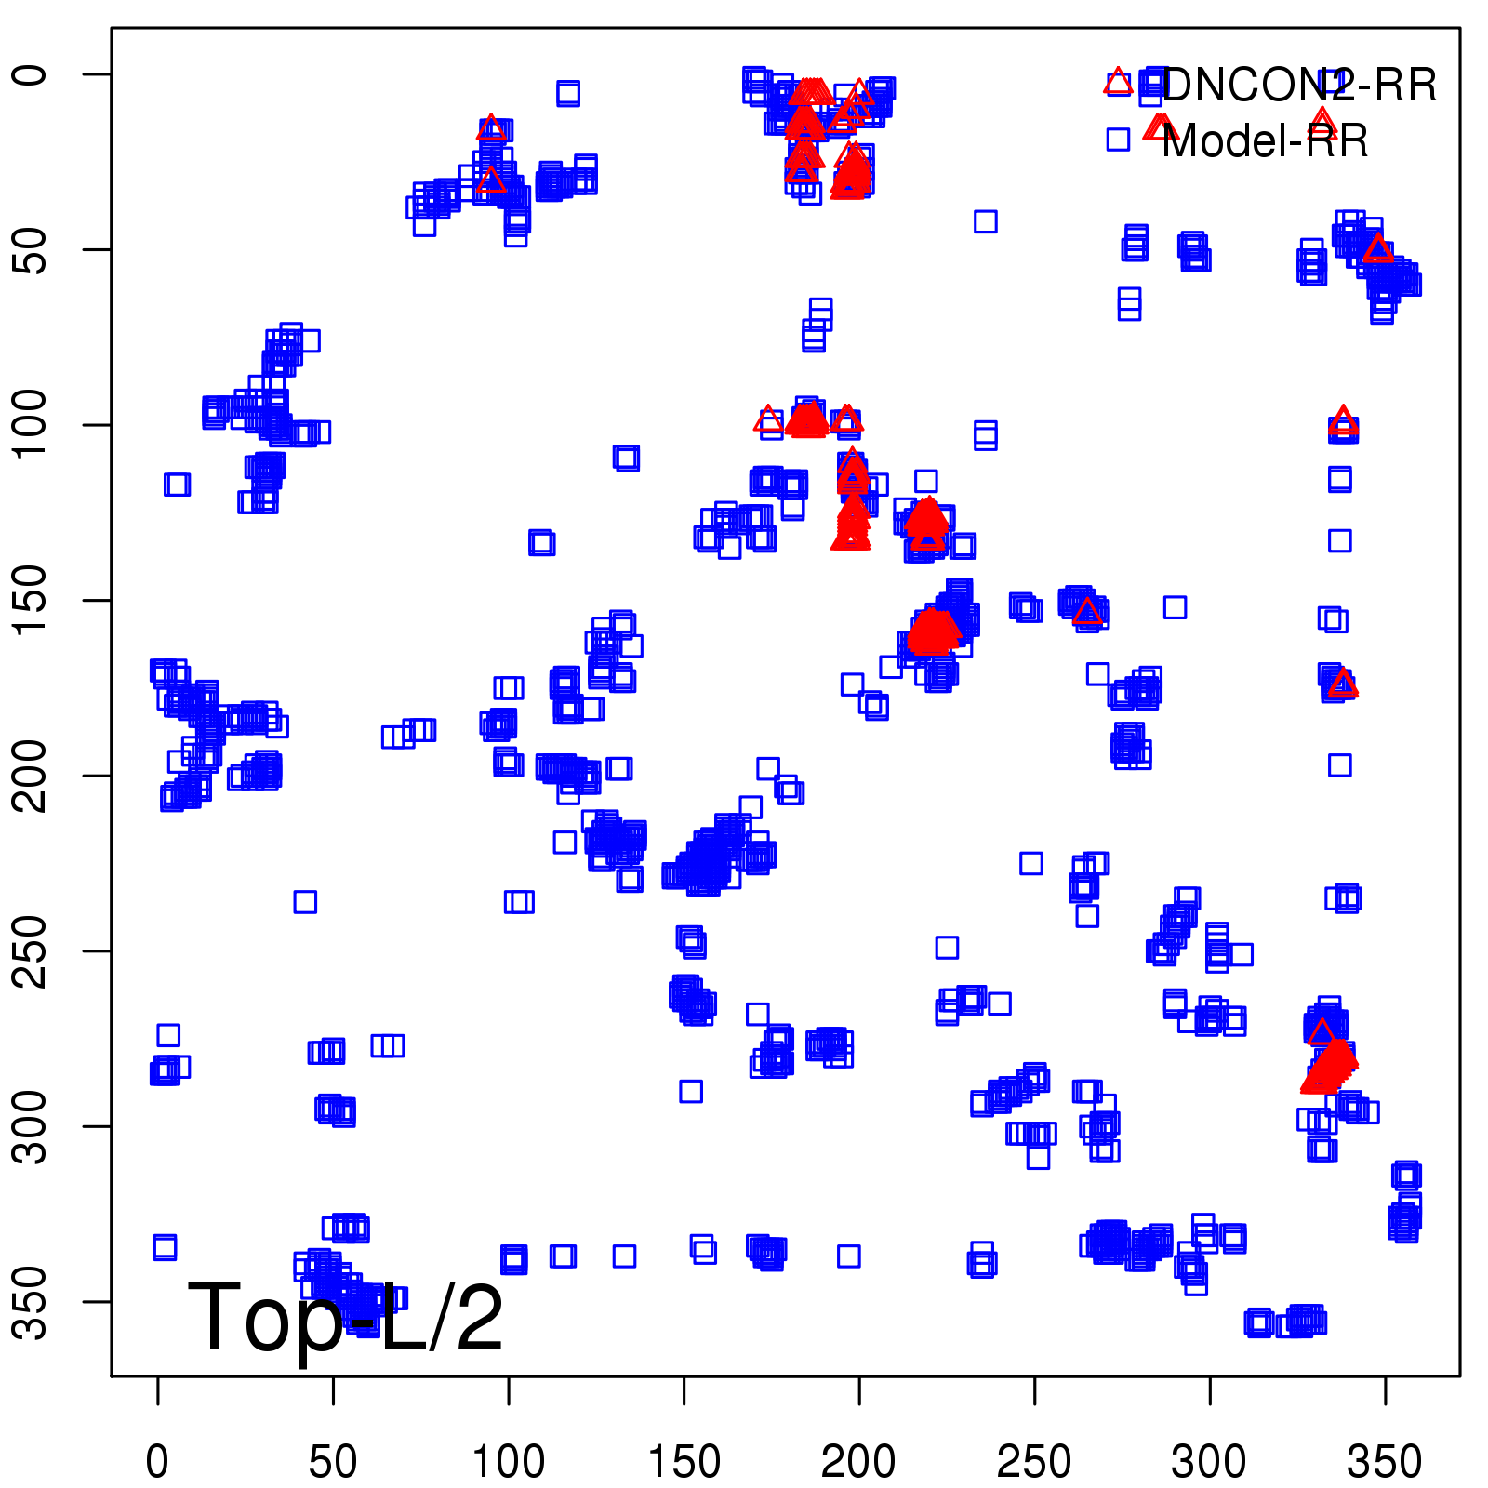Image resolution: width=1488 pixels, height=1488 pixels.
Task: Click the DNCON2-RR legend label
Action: click(x=1298, y=86)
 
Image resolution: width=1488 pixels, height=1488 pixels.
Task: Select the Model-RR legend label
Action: click(x=1265, y=141)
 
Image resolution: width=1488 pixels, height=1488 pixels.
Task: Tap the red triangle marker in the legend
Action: click(x=1118, y=83)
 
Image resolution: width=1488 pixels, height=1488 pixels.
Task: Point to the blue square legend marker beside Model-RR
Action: click(x=1118, y=139)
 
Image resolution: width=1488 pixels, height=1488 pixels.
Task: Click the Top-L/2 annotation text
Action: click(x=345, y=1317)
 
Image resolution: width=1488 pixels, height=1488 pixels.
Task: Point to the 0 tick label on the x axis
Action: click(x=158, y=1462)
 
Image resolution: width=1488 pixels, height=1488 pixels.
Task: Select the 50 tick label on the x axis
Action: click(x=333, y=1462)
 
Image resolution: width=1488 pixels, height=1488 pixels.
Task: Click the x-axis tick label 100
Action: click(x=509, y=1462)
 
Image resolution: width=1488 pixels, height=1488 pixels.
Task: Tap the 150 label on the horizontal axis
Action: click(x=684, y=1462)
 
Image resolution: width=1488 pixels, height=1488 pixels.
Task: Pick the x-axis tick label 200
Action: click(x=859, y=1462)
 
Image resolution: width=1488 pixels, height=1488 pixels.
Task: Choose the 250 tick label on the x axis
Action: click(x=1034, y=1462)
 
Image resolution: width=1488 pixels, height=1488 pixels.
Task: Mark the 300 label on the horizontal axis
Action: click(x=1210, y=1462)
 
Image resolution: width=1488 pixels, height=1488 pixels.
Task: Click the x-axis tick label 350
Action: click(x=1385, y=1462)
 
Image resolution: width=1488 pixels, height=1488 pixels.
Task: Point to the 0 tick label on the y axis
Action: click(x=32, y=74)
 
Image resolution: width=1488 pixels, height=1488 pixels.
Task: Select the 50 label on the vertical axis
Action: click(x=32, y=249)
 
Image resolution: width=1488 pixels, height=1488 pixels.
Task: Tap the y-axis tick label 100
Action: click(x=32, y=425)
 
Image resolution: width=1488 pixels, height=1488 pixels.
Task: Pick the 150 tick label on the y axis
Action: click(x=32, y=600)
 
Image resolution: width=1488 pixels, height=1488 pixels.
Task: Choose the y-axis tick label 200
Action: click(x=32, y=776)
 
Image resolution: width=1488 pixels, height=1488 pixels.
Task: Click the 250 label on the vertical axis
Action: click(x=32, y=950)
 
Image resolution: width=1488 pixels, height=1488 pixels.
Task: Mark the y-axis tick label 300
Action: click(x=32, y=1126)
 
